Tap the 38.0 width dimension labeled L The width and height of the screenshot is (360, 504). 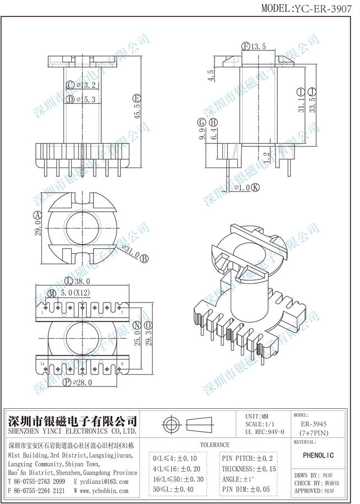(78, 281)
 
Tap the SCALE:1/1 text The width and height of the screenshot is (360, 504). (265, 424)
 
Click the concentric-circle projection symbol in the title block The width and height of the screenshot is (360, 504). (170, 423)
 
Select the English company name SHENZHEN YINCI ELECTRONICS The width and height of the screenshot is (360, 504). (72, 432)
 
